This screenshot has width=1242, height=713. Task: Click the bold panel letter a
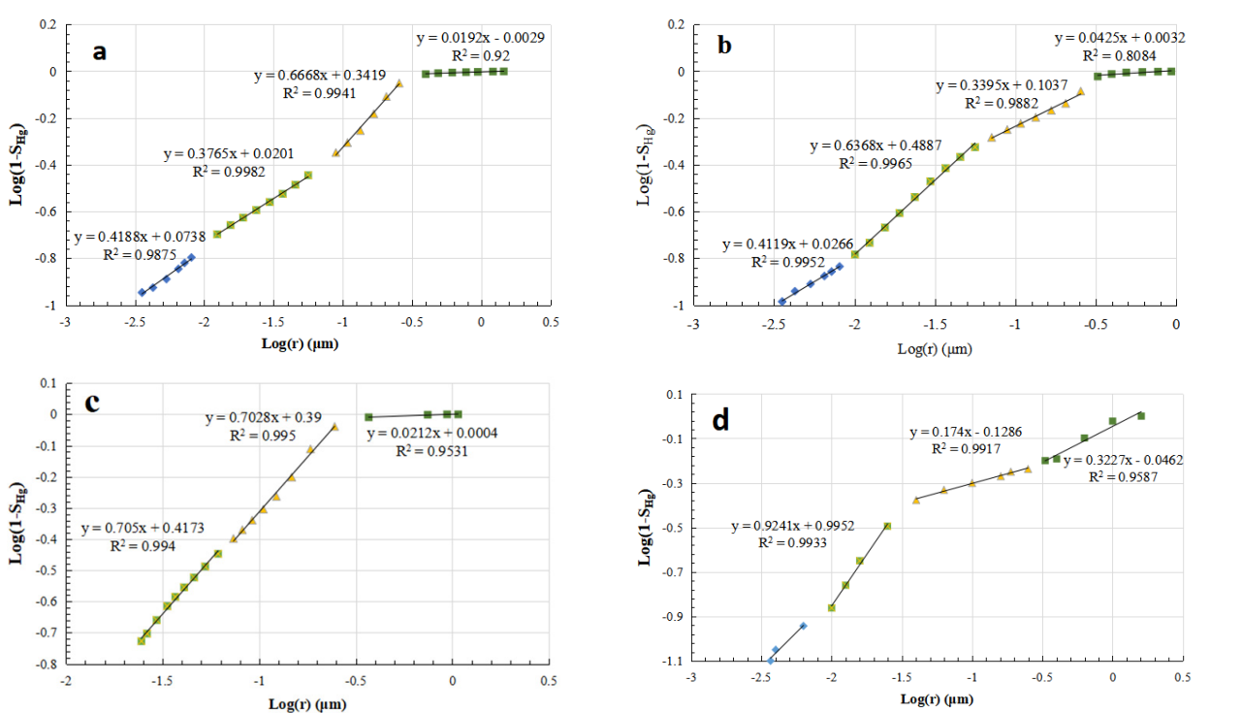point(99,51)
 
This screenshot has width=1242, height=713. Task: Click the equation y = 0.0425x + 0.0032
point(1120,39)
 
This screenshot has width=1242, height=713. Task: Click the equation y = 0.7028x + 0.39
point(263,418)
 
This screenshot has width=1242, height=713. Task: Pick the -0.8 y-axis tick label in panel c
point(47,665)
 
